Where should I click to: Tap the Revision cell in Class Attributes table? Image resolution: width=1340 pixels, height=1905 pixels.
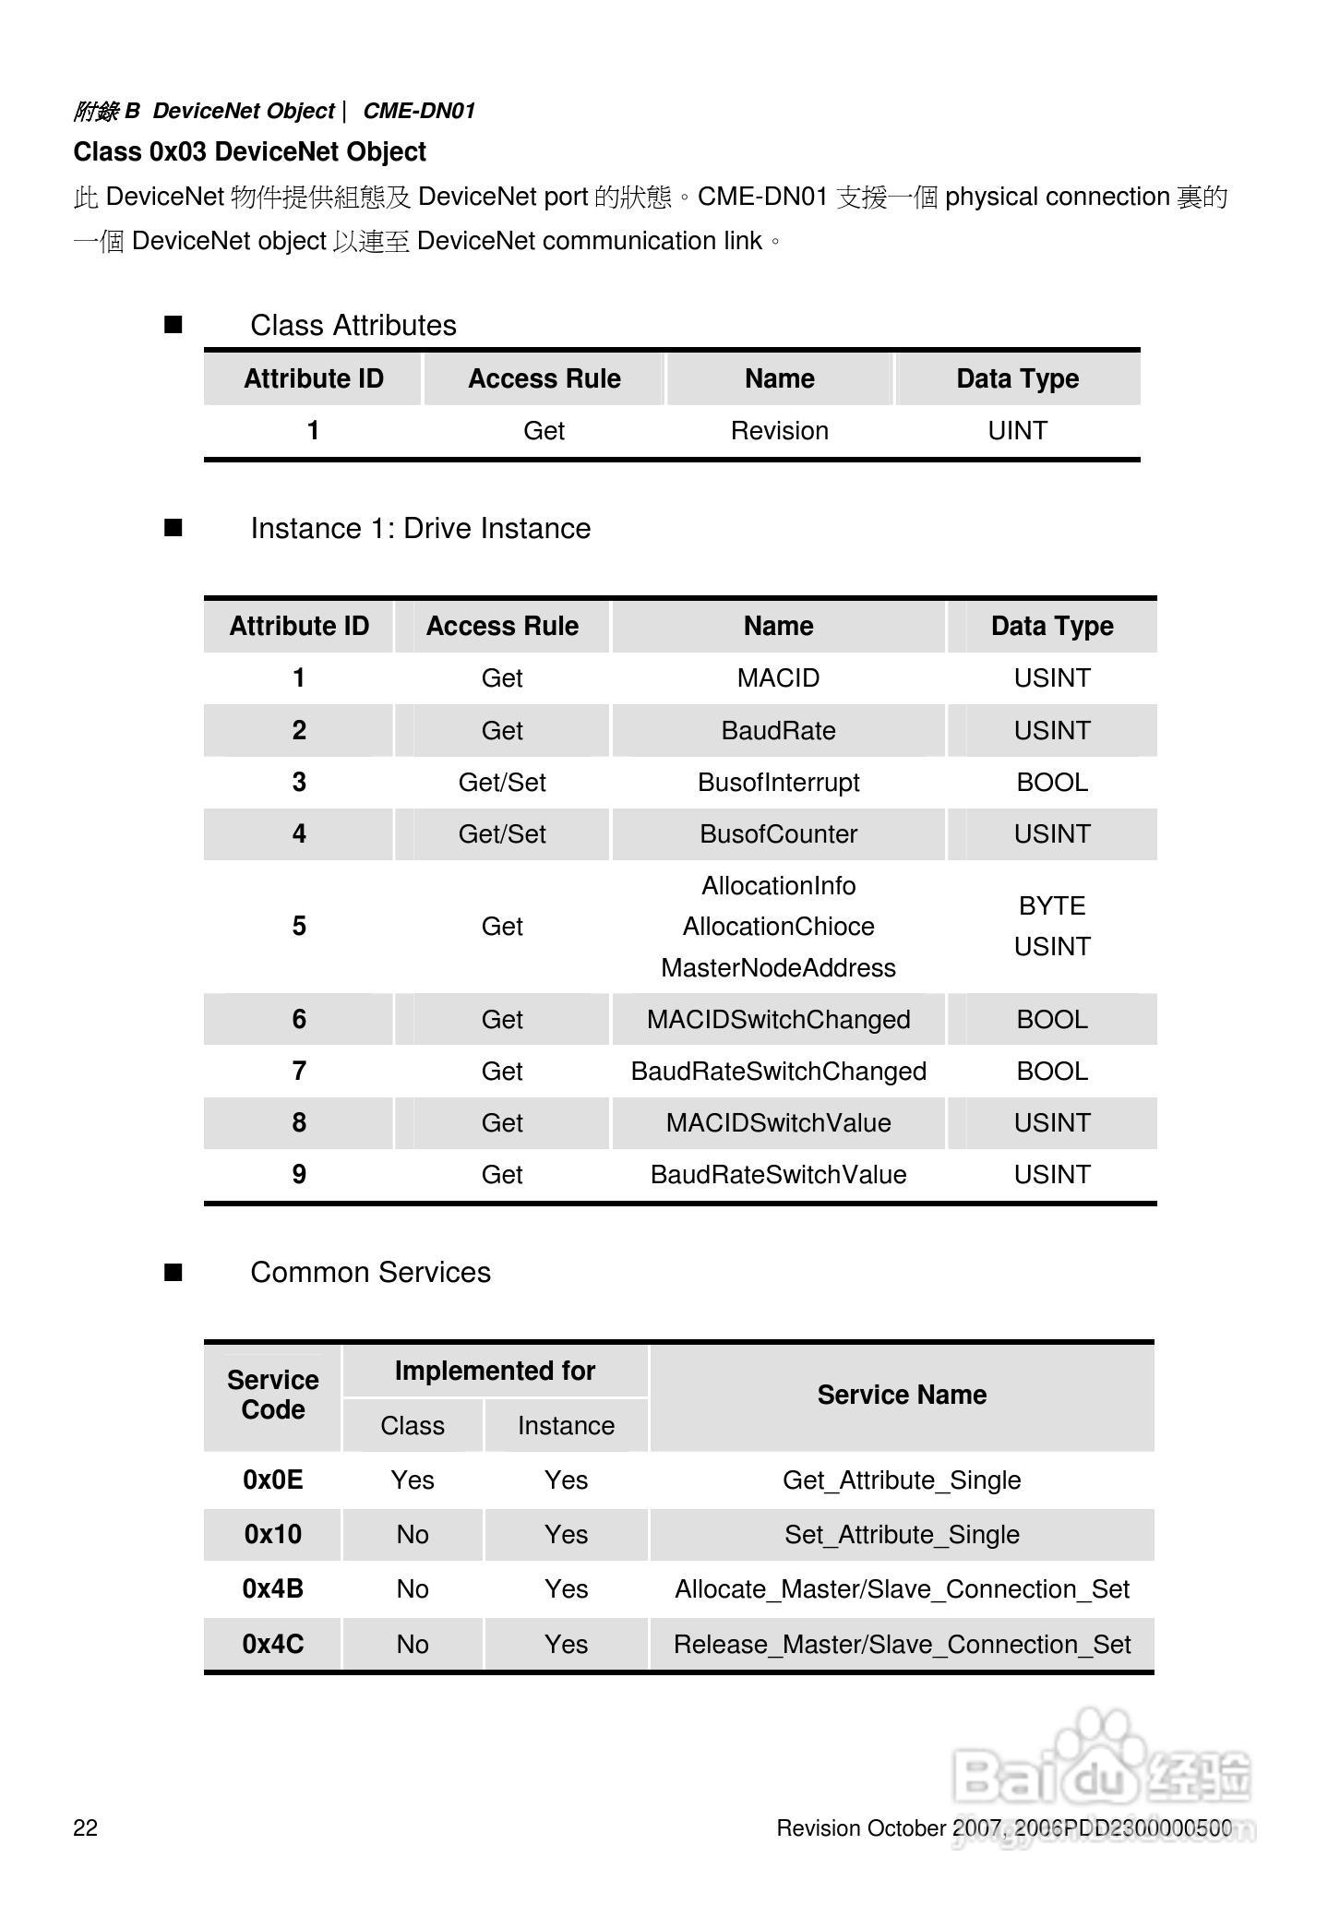779,431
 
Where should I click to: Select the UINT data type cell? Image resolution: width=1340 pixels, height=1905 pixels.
1017,431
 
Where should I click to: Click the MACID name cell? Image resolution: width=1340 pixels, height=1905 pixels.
778,678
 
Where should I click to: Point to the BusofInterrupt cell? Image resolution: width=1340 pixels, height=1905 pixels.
778,783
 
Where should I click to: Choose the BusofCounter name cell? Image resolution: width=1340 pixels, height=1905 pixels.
778,834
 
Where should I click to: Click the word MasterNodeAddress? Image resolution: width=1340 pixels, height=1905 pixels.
778,968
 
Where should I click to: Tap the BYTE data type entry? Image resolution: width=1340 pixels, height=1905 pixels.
1052,906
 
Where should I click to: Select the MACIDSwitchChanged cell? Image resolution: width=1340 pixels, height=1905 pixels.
778,1020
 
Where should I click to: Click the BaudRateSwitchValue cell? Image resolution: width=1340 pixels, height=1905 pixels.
778,1175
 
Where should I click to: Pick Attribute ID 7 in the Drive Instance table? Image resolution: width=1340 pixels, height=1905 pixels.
299,1072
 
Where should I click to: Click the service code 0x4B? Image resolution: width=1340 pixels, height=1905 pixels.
272,1589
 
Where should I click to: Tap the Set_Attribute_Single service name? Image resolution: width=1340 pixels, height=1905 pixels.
902,1535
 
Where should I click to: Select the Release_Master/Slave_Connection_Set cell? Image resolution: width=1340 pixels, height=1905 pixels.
902,1645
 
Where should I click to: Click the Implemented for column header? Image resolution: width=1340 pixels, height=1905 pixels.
495,1372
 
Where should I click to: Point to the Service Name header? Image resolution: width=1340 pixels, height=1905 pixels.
902,1396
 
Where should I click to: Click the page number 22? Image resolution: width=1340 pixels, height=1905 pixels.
86,1828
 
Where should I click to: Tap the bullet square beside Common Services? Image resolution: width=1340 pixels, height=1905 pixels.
173,1274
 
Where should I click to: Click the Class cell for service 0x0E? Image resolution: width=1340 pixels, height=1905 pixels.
413,1480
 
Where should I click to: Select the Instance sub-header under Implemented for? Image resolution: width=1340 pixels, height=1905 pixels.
566,1426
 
